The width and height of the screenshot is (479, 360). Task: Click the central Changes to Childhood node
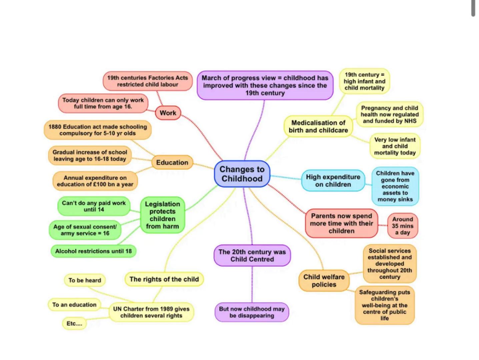click(242, 174)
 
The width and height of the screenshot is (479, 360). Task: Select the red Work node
click(168, 113)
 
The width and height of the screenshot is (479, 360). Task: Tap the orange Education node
click(172, 163)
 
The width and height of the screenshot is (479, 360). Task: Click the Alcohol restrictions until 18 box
click(93, 251)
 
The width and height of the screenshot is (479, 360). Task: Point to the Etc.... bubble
click(74, 323)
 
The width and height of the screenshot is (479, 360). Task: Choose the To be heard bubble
click(85, 280)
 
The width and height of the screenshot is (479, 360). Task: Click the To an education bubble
click(74, 305)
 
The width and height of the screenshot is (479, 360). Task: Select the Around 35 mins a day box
click(402, 226)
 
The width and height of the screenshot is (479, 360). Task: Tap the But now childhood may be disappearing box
click(252, 312)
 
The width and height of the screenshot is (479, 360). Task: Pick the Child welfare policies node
click(324, 281)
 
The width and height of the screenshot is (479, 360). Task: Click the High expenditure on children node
click(333, 181)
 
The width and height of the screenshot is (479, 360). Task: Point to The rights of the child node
click(164, 279)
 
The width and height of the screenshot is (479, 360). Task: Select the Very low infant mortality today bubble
click(395, 146)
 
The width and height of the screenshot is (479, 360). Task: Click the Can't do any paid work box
click(94, 206)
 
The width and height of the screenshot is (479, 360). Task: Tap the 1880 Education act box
click(97, 130)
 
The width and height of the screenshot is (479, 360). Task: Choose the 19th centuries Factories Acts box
click(147, 81)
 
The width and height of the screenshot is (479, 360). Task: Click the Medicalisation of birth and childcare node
click(318, 127)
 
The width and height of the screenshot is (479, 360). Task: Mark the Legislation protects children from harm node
click(162, 215)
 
